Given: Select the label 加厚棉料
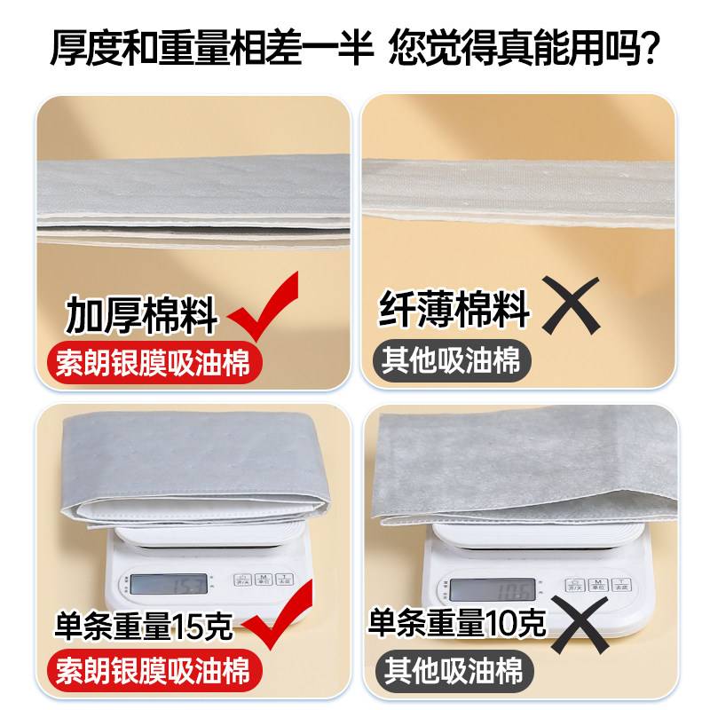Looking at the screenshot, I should point(143,317).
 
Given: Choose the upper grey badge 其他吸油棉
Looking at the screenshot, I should point(453,361).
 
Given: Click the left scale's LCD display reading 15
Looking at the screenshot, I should point(170,583).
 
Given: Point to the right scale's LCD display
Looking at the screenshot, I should point(492,588).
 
